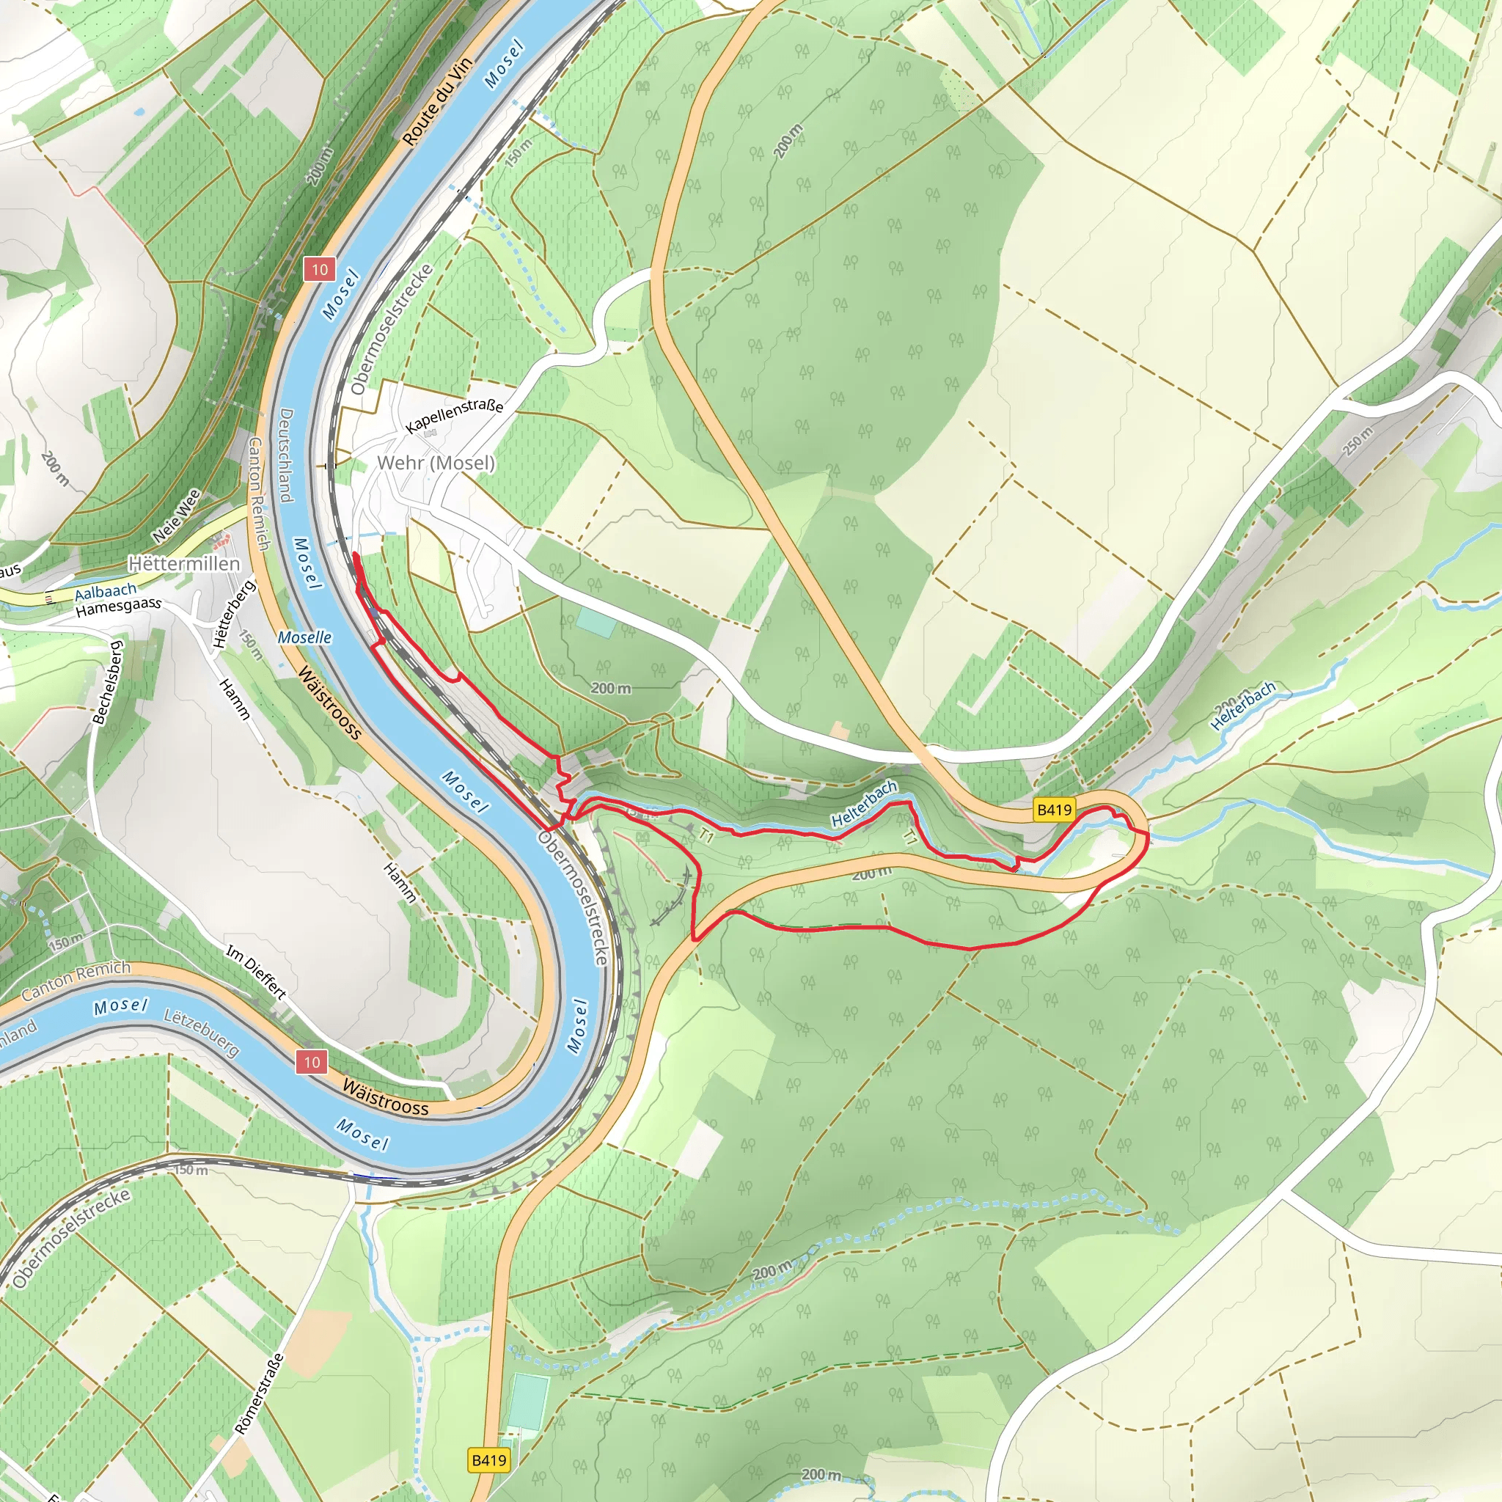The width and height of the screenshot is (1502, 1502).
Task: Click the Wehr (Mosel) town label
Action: click(436, 464)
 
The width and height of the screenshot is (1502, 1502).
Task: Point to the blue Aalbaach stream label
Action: click(106, 593)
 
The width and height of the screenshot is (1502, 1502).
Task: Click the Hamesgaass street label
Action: click(118, 607)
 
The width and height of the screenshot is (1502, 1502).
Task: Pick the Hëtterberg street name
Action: click(234, 614)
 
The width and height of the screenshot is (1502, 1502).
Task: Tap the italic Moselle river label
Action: click(305, 637)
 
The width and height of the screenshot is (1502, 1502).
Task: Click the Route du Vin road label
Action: click(437, 101)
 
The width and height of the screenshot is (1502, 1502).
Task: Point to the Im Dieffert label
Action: click(257, 971)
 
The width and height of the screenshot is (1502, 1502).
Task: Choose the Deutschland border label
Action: click(285, 455)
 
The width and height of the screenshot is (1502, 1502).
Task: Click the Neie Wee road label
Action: click(177, 516)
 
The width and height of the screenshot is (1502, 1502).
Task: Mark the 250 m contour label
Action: click(1358, 441)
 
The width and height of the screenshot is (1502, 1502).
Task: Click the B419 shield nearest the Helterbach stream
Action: click(1054, 810)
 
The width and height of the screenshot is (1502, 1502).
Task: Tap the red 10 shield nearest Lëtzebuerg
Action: click(312, 1062)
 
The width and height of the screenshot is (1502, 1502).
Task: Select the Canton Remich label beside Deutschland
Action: click(258, 494)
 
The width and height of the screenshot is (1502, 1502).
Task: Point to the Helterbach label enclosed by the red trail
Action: click(864, 804)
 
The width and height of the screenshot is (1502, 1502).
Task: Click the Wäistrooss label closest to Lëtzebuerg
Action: click(385, 1097)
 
